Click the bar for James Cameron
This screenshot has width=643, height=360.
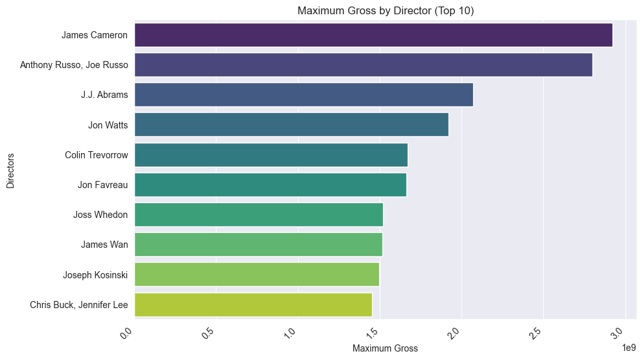[x=373, y=35]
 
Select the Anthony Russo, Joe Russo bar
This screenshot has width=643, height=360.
[x=363, y=65]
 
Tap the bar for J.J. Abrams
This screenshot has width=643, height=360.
[x=303, y=95]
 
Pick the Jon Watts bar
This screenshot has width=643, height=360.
[x=291, y=125]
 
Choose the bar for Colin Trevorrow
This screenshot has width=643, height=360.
[x=271, y=155]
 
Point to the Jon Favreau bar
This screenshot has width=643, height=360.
[x=270, y=185]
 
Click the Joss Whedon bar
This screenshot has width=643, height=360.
[x=259, y=215]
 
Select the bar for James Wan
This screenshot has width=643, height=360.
[x=258, y=245]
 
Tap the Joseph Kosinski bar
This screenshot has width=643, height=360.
[x=257, y=274]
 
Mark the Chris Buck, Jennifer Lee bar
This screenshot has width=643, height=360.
[x=253, y=304]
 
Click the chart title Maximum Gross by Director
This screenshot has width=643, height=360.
[x=386, y=10]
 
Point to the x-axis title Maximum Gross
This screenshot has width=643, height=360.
[x=385, y=349]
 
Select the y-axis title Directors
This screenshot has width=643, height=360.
[x=10, y=170]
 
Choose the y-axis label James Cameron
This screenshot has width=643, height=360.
[x=95, y=35]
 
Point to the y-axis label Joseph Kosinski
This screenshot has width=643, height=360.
[x=95, y=274]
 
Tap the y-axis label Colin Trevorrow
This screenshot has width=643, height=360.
[x=96, y=155]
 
